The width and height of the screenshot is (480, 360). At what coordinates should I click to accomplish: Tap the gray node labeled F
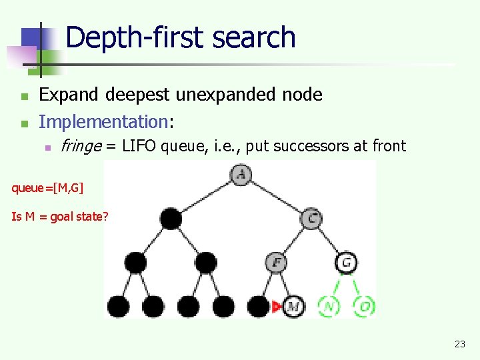[x=276, y=262]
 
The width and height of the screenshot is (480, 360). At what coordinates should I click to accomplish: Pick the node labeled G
[x=347, y=262]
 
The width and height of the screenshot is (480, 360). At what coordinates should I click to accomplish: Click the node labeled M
[x=293, y=307]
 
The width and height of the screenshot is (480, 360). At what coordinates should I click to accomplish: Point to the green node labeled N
[x=329, y=307]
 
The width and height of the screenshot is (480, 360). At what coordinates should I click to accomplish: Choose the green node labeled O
[x=365, y=307]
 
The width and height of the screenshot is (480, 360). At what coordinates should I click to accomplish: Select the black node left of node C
[x=170, y=217]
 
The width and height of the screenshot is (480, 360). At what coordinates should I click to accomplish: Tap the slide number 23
[x=459, y=344]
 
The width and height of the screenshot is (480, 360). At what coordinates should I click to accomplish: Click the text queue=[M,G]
[x=47, y=188]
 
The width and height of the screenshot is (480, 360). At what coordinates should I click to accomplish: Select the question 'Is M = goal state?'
[x=59, y=216]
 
